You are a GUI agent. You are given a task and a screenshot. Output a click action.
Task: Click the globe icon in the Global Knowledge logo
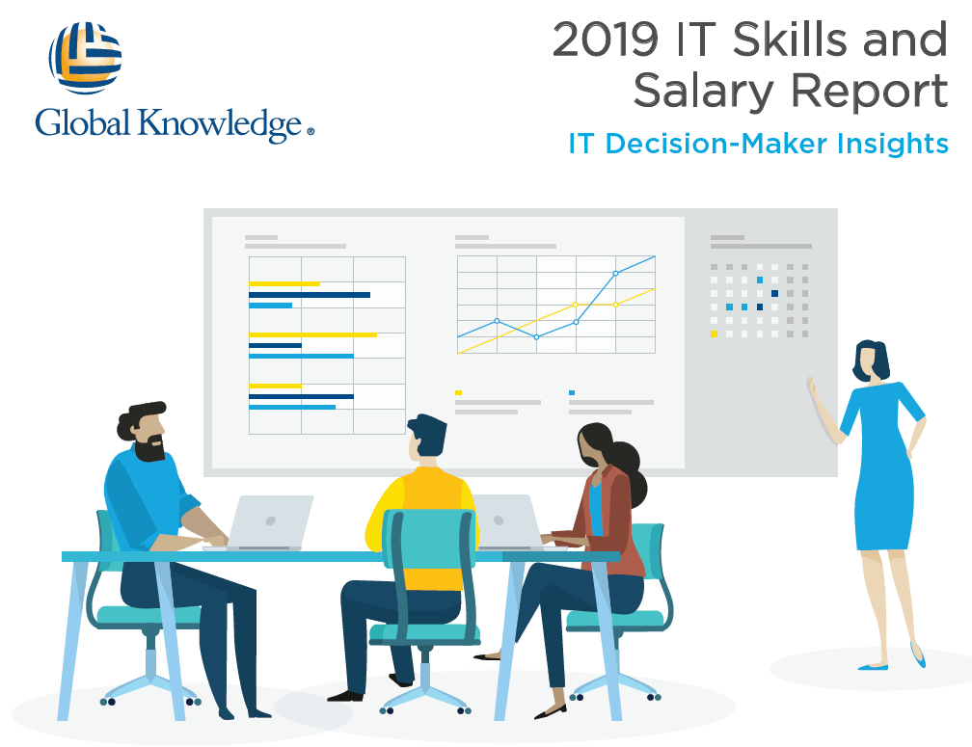pyautogui.click(x=86, y=58)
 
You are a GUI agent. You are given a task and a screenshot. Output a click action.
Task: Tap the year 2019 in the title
pyautogui.click(x=605, y=40)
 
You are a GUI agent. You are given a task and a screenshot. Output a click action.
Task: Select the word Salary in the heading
pyautogui.click(x=703, y=91)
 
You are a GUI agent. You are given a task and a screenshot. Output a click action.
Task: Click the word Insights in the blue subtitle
pyautogui.click(x=892, y=144)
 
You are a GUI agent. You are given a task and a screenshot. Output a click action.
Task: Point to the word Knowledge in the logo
pyautogui.click(x=220, y=123)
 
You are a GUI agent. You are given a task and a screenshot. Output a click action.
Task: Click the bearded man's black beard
pyautogui.click(x=150, y=448)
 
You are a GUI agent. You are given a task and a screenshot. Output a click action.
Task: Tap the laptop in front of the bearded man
pyautogui.click(x=270, y=522)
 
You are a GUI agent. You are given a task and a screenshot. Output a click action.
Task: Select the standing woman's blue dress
pyautogui.click(x=883, y=466)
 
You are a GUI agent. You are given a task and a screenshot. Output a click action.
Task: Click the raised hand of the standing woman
pyautogui.click(x=811, y=387)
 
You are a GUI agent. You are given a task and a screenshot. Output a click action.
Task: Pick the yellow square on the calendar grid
pyautogui.click(x=715, y=333)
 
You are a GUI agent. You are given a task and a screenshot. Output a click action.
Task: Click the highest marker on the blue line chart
pyautogui.click(x=615, y=273)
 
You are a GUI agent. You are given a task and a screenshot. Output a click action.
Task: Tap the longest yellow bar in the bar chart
pyautogui.click(x=313, y=335)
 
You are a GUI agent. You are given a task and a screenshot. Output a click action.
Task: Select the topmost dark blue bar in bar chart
pyautogui.click(x=310, y=295)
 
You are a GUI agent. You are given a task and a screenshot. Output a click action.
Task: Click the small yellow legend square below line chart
pyautogui.click(x=459, y=392)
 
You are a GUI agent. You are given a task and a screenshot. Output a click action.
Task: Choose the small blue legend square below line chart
pyautogui.click(x=572, y=392)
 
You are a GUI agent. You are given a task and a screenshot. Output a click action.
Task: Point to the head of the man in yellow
pyautogui.click(x=426, y=436)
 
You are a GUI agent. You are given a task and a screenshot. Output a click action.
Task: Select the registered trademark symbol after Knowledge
pyautogui.click(x=310, y=131)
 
